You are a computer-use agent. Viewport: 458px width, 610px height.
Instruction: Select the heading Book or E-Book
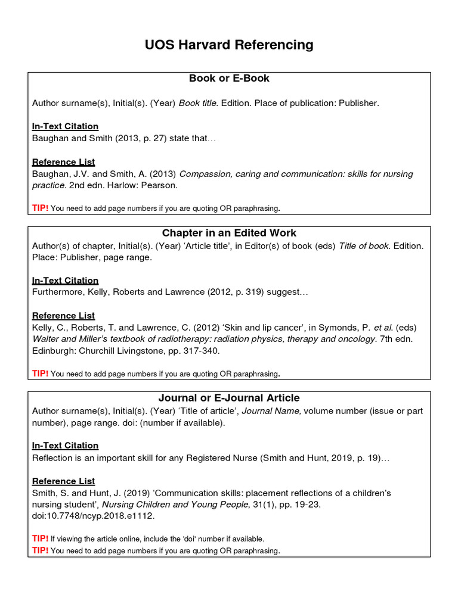coord(229,79)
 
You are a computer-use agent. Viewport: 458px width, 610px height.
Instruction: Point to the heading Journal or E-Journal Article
coord(229,398)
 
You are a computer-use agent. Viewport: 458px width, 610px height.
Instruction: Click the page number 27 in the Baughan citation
coord(142,138)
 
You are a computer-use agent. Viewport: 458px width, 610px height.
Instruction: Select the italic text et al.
coord(383,328)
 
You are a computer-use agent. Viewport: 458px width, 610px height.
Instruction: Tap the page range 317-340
coord(201,351)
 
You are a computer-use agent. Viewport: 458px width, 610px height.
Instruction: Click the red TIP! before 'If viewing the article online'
coord(40,539)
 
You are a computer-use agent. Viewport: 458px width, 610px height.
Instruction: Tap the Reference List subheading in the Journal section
coord(63,481)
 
